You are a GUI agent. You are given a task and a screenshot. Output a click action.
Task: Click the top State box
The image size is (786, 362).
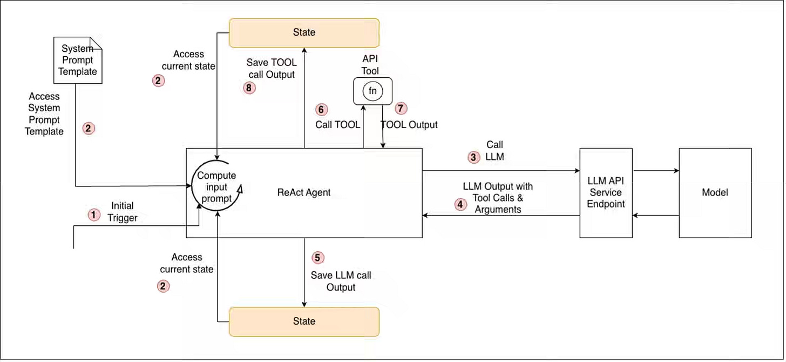[x=304, y=32]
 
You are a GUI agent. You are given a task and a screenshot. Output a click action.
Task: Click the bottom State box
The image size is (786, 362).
[x=304, y=321]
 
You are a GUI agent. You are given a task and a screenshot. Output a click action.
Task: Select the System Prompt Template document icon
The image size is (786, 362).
[x=78, y=61]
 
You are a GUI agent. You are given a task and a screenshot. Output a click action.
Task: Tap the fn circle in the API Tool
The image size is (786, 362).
[x=372, y=91]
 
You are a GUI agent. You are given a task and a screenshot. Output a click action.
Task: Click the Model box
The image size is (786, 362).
[x=715, y=193]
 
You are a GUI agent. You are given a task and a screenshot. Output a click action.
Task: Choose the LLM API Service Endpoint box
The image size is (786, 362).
[x=606, y=193]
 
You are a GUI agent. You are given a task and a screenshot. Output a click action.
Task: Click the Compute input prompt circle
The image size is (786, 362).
[x=216, y=186]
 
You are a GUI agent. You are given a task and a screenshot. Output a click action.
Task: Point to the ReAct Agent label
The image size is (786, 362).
[x=304, y=192]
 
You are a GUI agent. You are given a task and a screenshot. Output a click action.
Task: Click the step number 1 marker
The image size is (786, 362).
[x=94, y=214]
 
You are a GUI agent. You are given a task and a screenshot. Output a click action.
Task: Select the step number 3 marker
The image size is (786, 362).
[x=473, y=157]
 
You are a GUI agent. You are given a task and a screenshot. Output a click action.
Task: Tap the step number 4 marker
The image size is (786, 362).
[x=460, y=204]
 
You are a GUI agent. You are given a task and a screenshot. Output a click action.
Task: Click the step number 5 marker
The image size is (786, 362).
[x=317, y=258]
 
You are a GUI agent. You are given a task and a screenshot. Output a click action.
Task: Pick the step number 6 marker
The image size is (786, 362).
[x=321, y=110]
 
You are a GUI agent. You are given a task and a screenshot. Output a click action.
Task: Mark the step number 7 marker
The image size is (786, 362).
[x=401, y=108]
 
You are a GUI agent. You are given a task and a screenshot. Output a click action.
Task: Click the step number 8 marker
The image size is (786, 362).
[x=249, y=88]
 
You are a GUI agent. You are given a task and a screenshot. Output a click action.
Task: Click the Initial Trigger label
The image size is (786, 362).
[x=122, y=212]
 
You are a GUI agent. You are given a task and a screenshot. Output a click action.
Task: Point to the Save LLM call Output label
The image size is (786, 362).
[x=341, y=281]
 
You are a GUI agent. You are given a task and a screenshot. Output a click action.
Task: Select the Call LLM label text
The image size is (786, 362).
[x=494, y=151]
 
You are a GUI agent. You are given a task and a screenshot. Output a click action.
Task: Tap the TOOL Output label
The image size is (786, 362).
[x=409, y=125]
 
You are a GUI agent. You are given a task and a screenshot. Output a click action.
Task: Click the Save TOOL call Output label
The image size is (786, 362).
[x=272, y=69]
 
